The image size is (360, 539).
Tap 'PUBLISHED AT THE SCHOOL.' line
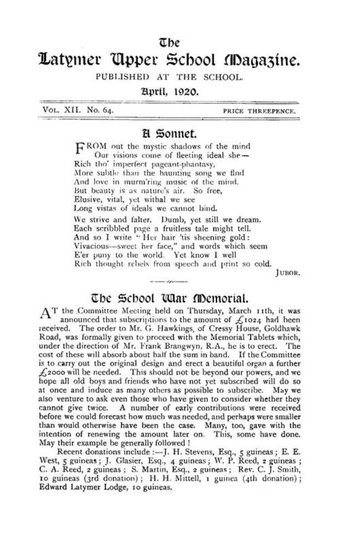click(x=169, y=77)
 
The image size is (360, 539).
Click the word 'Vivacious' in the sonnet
click(x=92, y=246)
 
